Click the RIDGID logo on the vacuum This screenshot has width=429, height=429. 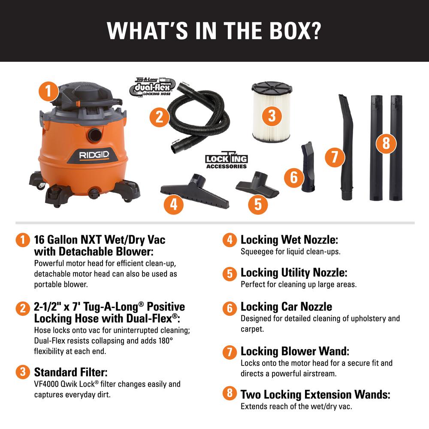[94, 155]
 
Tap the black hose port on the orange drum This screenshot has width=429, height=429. [95, 135]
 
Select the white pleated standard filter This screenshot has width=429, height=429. [272, 112]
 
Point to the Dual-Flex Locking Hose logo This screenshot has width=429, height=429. [152, 87]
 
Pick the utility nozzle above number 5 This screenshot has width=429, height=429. [257, 184]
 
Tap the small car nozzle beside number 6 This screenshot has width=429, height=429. [308, 166]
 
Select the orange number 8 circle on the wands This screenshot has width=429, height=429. [386, 143]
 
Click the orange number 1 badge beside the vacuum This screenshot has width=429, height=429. [49, 91]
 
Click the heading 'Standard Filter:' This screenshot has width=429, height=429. [71, 372]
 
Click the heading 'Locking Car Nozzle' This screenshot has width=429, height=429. [286, 307]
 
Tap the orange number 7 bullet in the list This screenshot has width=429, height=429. [230, 352]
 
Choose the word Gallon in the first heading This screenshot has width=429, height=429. [62, 240]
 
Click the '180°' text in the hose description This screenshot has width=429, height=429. [166, 341]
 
